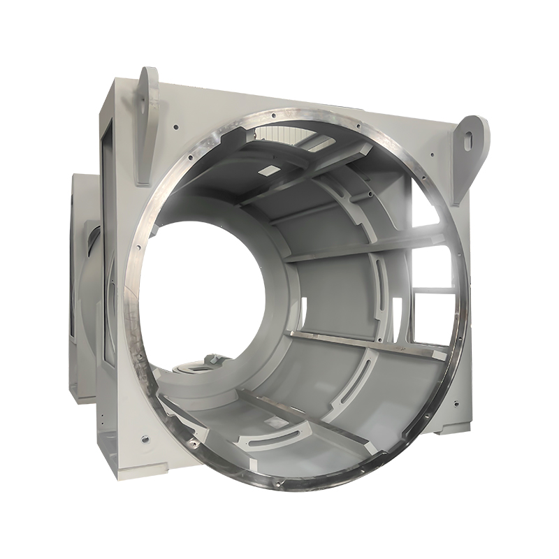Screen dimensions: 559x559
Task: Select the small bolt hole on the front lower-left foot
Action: [143, 440]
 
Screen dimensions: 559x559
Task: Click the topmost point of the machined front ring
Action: [293, 110]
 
